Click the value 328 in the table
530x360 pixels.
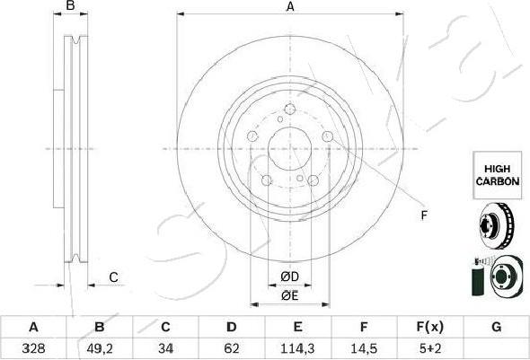[x=33, y=345]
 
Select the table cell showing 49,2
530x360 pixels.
[x=100, y=345]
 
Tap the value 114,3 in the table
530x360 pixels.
[x=297, y=345]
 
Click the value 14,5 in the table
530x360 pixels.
[x=364, y=345]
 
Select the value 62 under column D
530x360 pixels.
[x=231, y=345]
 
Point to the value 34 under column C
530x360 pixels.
[x=165, y=345]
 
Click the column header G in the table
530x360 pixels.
[x=495, y=327]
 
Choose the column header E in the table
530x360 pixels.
[x=297, y=327]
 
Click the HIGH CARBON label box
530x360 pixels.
[x=497, y=174]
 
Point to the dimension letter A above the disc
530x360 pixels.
[x=290, y=7]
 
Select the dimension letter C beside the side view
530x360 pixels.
[x=114, y=277]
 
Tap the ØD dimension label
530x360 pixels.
[x=289, y=275]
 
